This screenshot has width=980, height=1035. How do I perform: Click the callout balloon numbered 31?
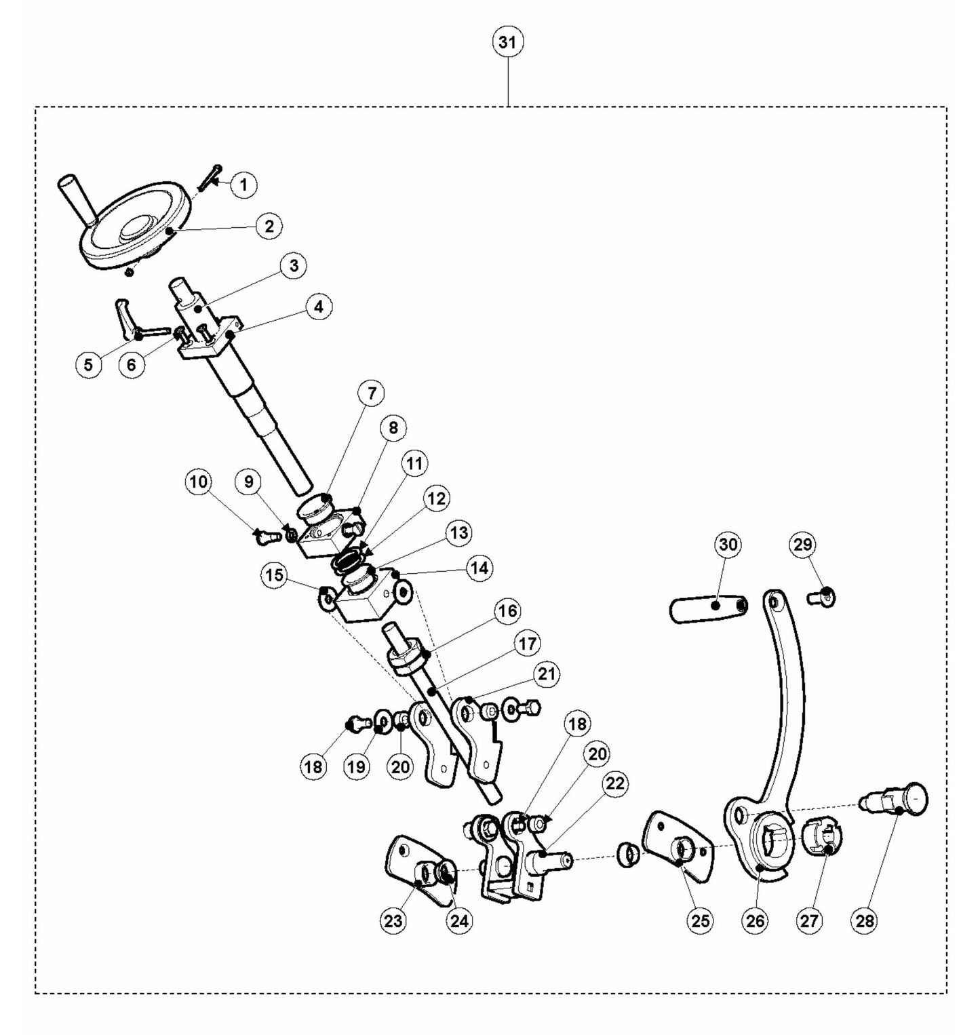(x=507, y=43)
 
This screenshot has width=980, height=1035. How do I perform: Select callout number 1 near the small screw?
(x=243, y=184)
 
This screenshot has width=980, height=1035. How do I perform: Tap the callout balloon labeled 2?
(x=269, y=226)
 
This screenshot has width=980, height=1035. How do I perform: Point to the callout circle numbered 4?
(x=318, y=307)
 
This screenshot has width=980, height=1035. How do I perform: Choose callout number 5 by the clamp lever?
(x=88, y=364)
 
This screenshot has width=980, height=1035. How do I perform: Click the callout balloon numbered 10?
(x=199, y=482)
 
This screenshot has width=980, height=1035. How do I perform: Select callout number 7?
(x=371, y=393)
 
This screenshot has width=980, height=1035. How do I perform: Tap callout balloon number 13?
(x=459, y=532)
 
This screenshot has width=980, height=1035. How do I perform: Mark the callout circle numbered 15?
(x=274, y=576)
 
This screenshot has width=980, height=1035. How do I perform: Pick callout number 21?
(x=547, y=674)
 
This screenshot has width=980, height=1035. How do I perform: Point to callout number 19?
(x=357, y=766)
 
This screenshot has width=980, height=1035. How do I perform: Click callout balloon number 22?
(x=614, y=784)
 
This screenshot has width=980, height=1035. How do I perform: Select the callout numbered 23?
(x=393, y=920)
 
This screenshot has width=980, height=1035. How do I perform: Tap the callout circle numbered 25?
(x=700, y=920)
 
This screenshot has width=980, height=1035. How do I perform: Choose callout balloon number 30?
(x=730, y=545)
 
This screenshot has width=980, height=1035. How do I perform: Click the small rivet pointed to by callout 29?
(x=823, y=597)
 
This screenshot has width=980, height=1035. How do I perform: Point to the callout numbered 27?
(x=810, y=920)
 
